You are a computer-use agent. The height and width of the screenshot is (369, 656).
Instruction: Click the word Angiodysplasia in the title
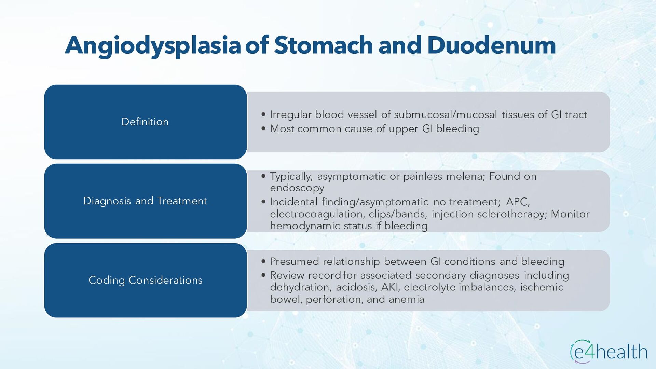pyautogui.click(x=153, y=45)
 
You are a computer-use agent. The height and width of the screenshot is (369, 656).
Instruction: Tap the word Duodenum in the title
pyautogui.click(x=491, y=45)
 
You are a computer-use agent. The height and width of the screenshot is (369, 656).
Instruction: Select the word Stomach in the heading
pyautogui.click(x=323, y=45)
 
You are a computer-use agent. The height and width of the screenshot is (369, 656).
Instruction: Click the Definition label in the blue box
pyautogui.click(x=145, y=122)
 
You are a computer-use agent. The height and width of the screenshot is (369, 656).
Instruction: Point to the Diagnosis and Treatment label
pyautogui.click(x=145, y=201)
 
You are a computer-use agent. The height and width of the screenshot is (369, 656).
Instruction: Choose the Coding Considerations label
pyautogui.click(x=145, y=280)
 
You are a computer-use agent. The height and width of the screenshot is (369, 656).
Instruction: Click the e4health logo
pyautogui.click(x=609, y=352)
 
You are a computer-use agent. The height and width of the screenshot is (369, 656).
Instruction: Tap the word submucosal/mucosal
pyautogui.click(x=445, y=114)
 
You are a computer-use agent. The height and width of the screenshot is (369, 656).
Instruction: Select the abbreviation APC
pyautogui.click(x=518, y=202)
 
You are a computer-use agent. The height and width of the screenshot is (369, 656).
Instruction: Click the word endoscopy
pyautogui.click(x=297, y=188)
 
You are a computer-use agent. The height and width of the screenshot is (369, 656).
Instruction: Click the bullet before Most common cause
pyautogui.click(x=263, y=129)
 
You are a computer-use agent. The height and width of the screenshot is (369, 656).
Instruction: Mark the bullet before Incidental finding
pyautogui.click(x=263, y=202)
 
